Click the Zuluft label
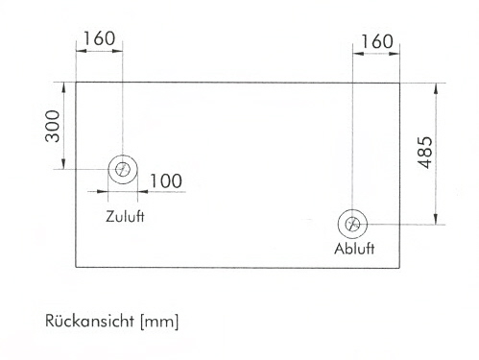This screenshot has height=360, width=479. coord(125,216)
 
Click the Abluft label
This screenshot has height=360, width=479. coord(354,249)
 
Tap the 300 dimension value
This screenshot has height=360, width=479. coord(53,126)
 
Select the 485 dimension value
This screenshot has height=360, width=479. coord(425,153)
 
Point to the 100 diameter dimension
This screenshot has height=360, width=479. coord(166,180)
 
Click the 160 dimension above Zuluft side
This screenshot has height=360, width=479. coord(99,38)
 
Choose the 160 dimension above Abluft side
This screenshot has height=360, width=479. coord(376,41)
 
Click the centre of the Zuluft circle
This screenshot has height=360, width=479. coord(123,169)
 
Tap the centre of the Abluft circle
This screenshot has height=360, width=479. coord(352,224)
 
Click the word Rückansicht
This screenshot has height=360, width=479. coord(89,321)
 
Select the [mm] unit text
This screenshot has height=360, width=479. coord(159,322)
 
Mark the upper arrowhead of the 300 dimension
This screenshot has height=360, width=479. coord(63,87)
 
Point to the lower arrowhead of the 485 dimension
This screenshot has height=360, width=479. coord(436,219)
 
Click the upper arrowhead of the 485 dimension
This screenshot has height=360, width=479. coord(436,88)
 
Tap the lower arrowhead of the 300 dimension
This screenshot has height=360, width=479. coord(63,163)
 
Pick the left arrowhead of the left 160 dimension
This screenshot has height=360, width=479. coord(82,51)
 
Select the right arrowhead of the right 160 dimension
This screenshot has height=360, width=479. coord(394,54)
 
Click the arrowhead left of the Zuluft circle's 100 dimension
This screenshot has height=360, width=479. coord(103,192)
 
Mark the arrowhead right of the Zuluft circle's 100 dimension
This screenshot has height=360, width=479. coord(143,192)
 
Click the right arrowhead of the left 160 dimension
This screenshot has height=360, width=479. coord(117,51)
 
